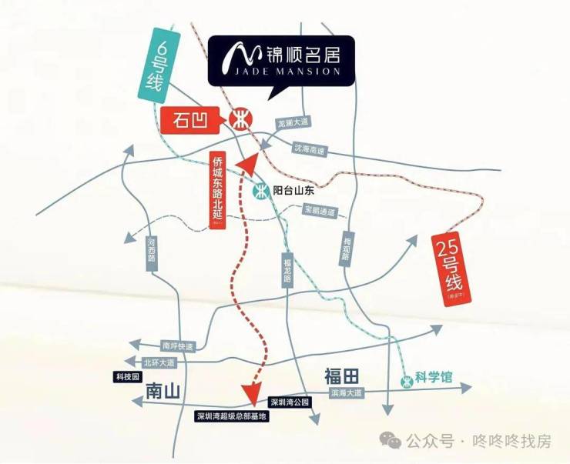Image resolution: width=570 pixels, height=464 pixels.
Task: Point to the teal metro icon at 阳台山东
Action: (261, 191)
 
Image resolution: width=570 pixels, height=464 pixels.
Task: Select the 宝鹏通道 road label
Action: (320, 209)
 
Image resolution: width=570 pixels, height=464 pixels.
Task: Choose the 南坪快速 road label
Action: (178, 346)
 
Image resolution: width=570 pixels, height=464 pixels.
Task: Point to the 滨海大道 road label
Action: (345, 392)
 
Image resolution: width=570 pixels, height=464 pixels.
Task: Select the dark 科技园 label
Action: (126, 377)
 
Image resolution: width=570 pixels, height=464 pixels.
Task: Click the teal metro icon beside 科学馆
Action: (405, 379)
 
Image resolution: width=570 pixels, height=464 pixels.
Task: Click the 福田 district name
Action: (342, 376)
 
